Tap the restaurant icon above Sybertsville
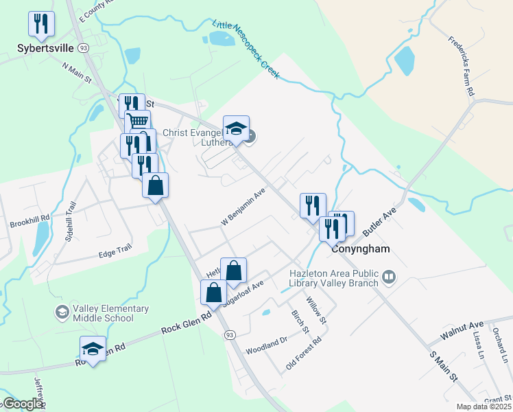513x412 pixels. tap(41, 25)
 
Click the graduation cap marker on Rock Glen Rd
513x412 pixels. tap(93, 349)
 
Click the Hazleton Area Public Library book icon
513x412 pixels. tap(390, 277)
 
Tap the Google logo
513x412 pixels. tap(23, 404)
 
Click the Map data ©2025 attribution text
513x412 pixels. tap(484, 407)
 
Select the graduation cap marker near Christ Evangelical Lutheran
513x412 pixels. tap(236, 128)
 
